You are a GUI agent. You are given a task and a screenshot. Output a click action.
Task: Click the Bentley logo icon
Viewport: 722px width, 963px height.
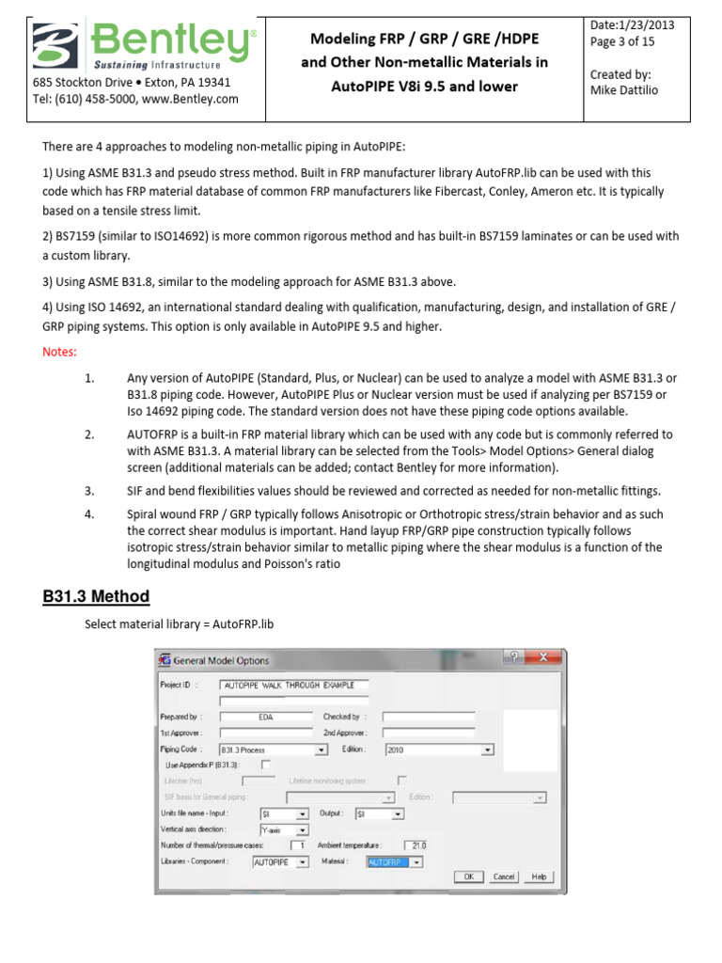57,47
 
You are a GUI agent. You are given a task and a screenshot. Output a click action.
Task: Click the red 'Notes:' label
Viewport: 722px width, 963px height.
59,351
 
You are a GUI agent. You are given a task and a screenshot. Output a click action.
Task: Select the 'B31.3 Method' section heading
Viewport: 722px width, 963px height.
96,596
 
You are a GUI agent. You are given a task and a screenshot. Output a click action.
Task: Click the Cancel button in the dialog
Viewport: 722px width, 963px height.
504,876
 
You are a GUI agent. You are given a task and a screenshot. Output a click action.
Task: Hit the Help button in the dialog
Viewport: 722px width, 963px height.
539,876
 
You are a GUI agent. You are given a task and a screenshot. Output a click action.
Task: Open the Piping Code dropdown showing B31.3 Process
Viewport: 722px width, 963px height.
273,750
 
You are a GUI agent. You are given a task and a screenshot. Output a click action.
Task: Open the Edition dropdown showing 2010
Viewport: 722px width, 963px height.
439,750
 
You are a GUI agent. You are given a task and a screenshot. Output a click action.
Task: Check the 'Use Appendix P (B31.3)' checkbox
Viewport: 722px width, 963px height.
265,765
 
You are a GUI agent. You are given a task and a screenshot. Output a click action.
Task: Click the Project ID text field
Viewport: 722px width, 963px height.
293,685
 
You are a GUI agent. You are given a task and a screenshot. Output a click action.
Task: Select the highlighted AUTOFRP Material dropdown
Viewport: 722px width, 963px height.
394,861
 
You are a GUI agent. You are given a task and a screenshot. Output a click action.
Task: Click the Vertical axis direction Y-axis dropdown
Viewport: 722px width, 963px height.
284,829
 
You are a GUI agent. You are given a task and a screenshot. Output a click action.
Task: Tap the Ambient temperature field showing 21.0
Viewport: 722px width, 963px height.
415,845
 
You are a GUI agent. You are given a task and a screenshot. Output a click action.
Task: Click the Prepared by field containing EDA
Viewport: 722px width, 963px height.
266,717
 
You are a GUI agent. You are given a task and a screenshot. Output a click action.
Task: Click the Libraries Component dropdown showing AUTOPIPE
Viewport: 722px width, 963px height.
280,861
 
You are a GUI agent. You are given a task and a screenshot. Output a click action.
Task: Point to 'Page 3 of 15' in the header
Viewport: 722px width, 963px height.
622,41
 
